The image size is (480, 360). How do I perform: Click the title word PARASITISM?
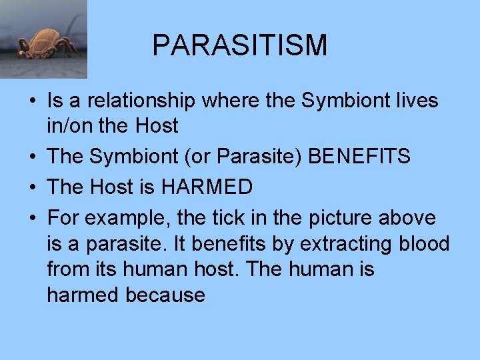(x=240, y=45)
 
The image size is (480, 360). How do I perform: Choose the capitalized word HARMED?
(x=207, y=187)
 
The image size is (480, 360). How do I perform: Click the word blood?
(x=423, y=244)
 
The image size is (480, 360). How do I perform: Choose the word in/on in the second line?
(x=67, y=125)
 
